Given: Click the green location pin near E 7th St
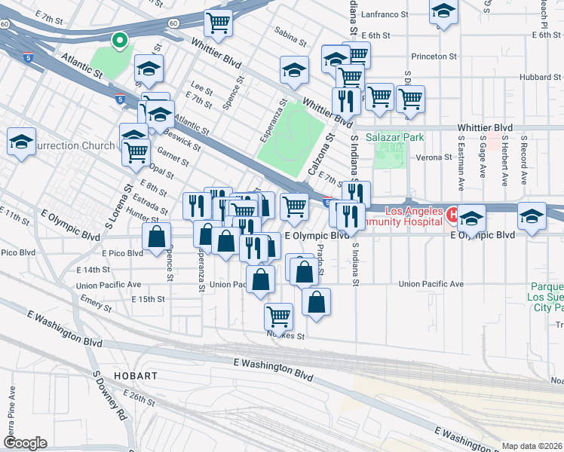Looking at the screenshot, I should tap(118, 41).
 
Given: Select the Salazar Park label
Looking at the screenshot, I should tap(395, 138).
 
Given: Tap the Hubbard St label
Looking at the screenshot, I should tap(541, 77).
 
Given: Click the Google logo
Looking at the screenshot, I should tap(24, 442).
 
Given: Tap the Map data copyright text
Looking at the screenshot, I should tap(532, 446).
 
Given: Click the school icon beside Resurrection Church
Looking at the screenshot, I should tap(22, 141).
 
